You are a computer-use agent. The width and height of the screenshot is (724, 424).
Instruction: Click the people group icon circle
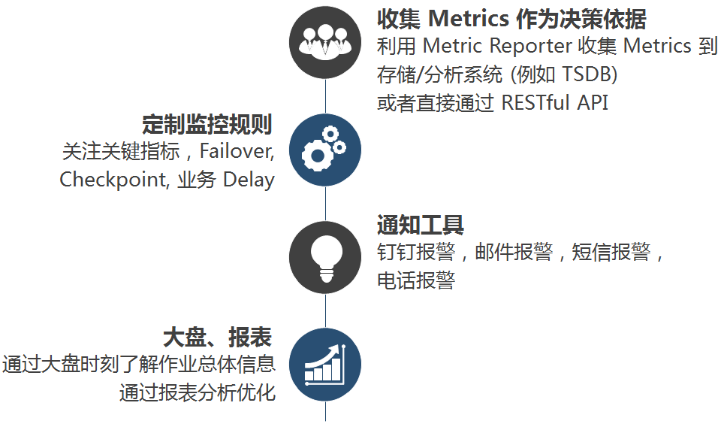click(325, 42)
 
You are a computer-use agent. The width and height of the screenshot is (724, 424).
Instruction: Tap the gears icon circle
click(325, 149)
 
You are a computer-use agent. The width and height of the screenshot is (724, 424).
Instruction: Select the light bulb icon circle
click(325, 258)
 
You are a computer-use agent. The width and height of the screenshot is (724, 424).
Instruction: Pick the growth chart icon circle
click(325, 365)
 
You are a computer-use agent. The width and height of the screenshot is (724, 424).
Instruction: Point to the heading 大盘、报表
click(218, 336)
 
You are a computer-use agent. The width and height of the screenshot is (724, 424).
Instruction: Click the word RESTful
click(535, 102)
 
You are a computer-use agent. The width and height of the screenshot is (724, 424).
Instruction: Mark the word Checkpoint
click(114, 180)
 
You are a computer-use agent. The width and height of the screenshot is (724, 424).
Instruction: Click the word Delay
click(249, 180)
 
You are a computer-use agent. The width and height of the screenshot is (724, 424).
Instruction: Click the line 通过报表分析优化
click(198, 392)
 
